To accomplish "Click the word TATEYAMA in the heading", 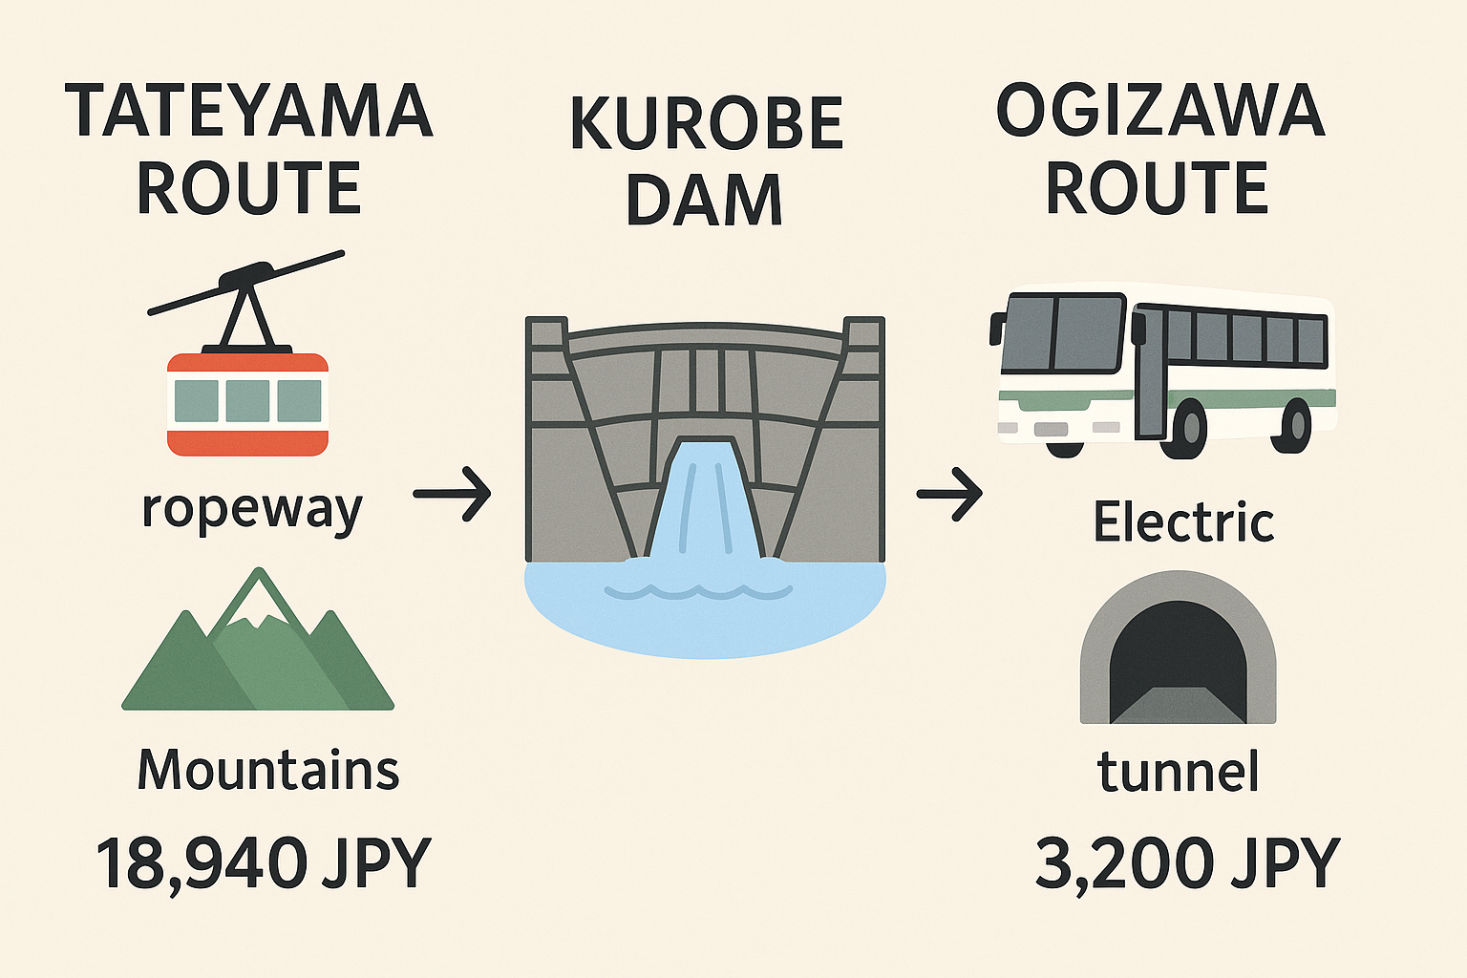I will click(248, 112).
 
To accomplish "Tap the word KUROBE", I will click(706, 124).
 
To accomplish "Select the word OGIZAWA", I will click(1159, 112).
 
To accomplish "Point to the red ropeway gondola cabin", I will click(247, 403).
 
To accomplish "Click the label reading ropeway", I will click(252, 509).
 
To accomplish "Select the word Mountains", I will click(268, 770).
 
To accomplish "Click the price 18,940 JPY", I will click(264, 863).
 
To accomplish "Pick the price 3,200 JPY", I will click(1187, 863).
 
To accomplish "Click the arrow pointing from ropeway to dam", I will click(452, 494).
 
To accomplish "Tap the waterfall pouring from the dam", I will click(705, 506).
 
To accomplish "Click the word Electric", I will click(1183, 522).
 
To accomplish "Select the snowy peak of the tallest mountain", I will click(257, 602).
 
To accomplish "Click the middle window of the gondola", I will click(247, 401).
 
